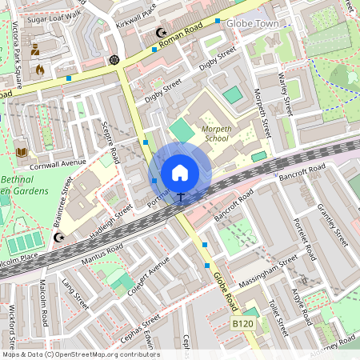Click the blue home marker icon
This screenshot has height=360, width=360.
180,172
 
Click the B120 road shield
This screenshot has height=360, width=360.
243,322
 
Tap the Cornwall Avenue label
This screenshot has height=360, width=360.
57,162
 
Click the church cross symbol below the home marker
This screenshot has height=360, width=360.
181,196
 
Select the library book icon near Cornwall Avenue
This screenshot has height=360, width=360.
21,151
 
